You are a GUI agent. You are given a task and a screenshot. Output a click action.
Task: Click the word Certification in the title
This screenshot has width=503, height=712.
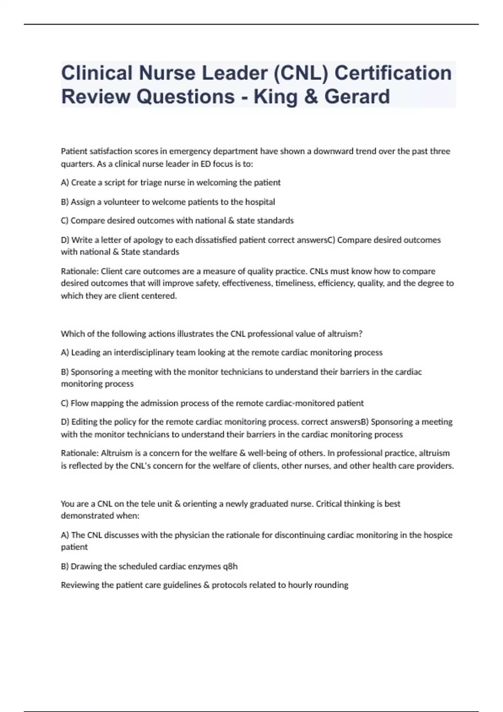point(393,73)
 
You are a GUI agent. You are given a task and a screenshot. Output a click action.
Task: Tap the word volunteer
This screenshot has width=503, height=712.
point(122,202)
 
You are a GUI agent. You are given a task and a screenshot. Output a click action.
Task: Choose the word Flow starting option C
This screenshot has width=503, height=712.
point(79,403)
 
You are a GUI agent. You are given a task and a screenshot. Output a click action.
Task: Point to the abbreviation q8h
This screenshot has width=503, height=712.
point(230,567)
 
